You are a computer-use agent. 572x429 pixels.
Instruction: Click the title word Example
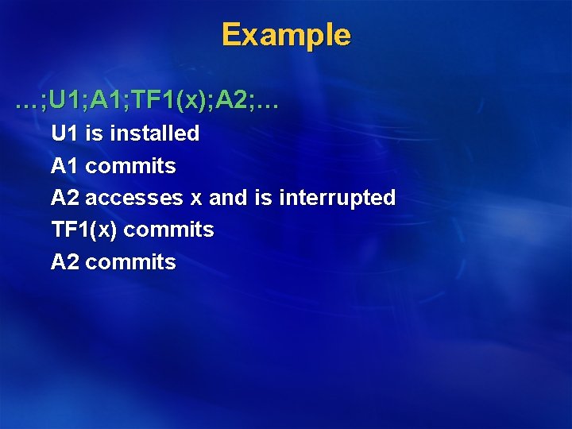[x=285, y=35]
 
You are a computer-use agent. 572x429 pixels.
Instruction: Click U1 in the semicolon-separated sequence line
[x=68, y=101]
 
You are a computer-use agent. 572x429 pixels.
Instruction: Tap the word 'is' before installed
[x=94, y=133]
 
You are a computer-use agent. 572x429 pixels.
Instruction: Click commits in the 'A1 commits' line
[x=130, y=166]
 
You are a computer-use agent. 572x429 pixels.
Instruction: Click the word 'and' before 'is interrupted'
[x=228, y=198]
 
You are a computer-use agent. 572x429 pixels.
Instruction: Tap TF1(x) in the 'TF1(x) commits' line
[x=84, y=230]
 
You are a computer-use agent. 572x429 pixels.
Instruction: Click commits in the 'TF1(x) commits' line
[x=168, y=230]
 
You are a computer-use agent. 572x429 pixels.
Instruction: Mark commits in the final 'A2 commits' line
[x=130, y=262]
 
